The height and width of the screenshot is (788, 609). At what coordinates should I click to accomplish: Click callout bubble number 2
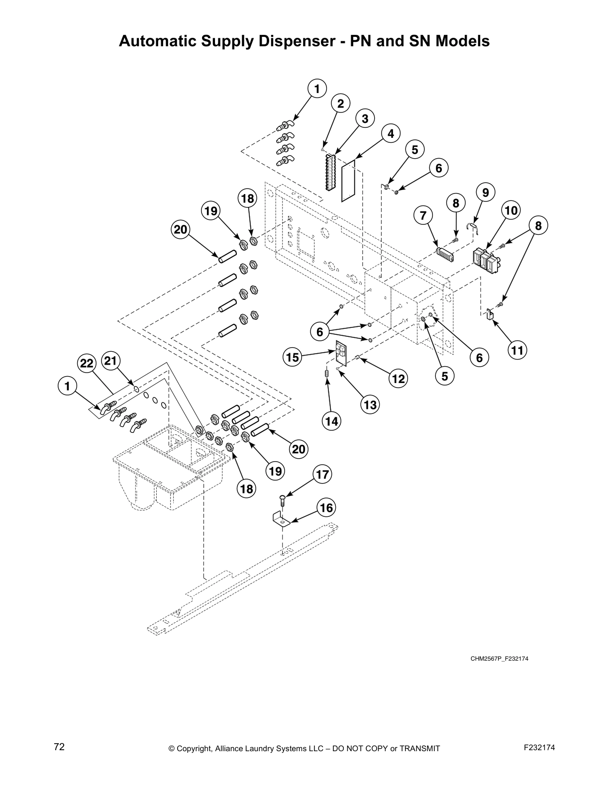click(341, 103)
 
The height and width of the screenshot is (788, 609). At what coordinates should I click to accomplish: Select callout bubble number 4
click(391, 133)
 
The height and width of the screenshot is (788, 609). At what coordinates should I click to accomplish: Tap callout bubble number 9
click(485, 192)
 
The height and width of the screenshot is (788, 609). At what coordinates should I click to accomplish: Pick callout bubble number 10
click(510, 210)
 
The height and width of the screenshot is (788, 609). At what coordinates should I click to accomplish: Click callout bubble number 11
click(517, 351)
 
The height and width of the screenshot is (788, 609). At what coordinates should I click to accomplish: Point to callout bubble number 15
click(293, 357)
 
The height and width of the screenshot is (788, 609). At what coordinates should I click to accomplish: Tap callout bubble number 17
click(323, 475)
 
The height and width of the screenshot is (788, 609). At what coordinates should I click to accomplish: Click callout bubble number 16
click(326, 508)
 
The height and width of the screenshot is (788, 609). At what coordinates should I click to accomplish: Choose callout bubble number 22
click(87, 364)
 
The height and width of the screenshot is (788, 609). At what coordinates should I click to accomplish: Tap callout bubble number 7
click(423, 216)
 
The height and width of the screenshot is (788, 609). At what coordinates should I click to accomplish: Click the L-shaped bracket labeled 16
click(281, 519)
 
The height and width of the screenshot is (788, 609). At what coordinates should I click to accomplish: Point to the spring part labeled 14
click(326, 373)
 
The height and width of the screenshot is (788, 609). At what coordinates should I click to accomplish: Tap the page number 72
click(59, 747)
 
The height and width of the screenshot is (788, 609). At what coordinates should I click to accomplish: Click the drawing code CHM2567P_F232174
click(500, 659)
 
